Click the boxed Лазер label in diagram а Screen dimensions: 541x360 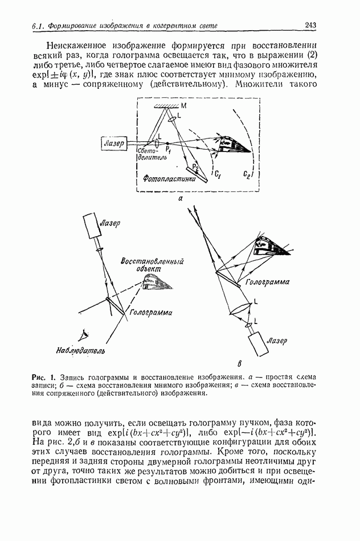114,144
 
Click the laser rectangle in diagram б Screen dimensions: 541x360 92,226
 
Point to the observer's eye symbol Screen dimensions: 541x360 83,334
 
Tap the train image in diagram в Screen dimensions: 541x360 268,245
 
